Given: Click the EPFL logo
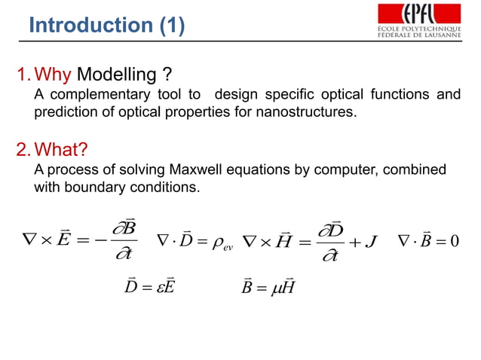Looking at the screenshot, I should (418, 20).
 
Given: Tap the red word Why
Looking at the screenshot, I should (54, 76).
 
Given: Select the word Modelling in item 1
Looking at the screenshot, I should (113, 76).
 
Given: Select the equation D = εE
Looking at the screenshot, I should (148, 287).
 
